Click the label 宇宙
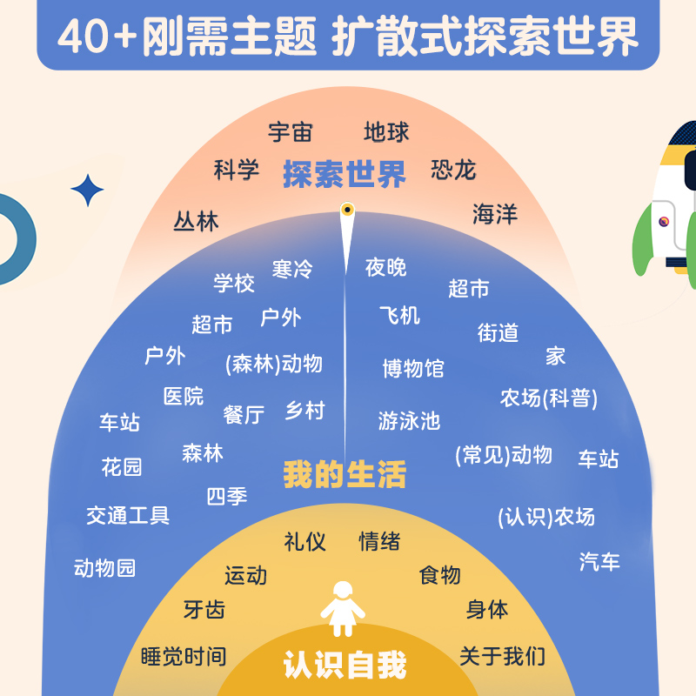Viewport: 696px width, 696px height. (x=290, y=132)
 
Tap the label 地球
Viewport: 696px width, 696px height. (x=386, y=132)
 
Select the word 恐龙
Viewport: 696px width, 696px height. (x=453, y=169)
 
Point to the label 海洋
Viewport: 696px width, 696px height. (x=495, y=214)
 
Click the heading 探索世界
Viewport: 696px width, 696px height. (x=345, y=175)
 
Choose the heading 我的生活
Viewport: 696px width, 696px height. (x=345, y=475)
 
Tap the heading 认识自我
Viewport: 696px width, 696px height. (x=345, y=666)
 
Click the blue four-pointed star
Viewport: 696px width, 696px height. (x=87, y=191)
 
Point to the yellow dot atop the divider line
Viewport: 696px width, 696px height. (x=346, y=210)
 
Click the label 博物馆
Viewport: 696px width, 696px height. (x=412, y=368)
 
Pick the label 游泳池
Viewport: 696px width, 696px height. (x=409, y=421)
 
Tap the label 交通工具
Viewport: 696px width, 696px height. (x=128, y=515)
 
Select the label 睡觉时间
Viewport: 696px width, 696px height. (x=183, y=656)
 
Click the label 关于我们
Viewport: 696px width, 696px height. (x=502, y=656)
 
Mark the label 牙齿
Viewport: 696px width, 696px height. (x=204, y=610)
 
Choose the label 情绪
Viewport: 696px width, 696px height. (x=379, y=541)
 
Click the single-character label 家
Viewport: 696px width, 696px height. (x=556, y=356)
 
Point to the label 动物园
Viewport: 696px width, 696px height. (x=105, y=569)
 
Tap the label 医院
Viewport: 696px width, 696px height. (x=184, y=396)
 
